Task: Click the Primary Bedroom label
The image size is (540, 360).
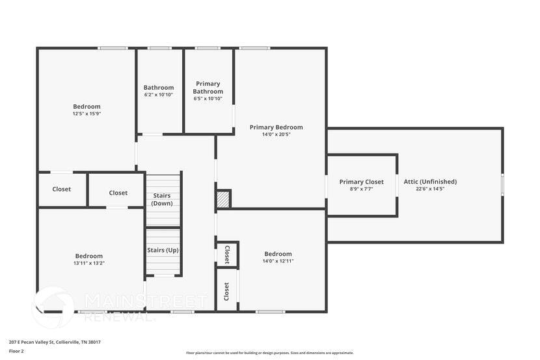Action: (x=277, y=128)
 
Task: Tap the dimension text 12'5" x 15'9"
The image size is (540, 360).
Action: (x=87, y=113)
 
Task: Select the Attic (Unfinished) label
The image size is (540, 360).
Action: (x=430, y=182)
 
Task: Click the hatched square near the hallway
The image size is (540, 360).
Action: (x=223, y=199)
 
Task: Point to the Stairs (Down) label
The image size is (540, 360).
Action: (x=163, y=199)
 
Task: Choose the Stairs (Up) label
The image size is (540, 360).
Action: (x=163, y=250)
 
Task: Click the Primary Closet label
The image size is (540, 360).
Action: (x=361, y=182)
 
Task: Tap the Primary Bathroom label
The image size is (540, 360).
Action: (x=208, y=87)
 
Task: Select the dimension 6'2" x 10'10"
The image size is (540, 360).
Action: (x=159, y=95)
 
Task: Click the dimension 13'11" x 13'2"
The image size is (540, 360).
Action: (x=88, y=263)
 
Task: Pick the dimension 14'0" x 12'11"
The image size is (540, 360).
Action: (x=278, y=261)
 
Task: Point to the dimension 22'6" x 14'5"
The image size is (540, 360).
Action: (x=430, y=189)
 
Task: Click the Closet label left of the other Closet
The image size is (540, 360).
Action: (x=62, y=189)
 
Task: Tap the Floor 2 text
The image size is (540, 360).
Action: (x=16, y=351)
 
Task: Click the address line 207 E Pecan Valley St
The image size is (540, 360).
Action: (x=55, y=342)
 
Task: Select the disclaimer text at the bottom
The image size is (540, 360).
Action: (x=270, y=353)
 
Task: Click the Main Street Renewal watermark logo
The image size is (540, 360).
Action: (x=53, y=307)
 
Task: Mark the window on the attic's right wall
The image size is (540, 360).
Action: (x=502, y=184)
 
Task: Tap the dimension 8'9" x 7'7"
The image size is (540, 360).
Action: (x=361, y=189)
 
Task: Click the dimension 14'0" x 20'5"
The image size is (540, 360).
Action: (x=277, y=135)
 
